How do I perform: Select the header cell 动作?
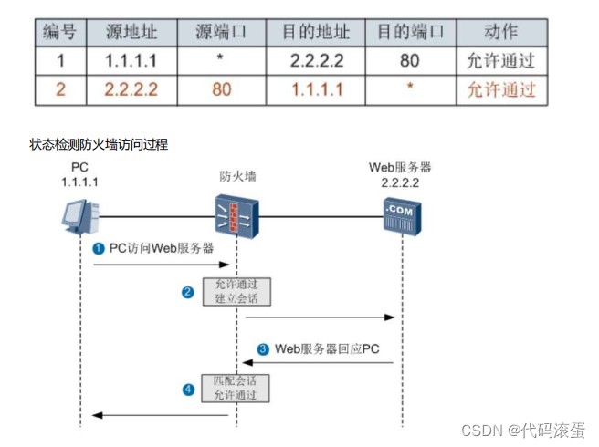click(501, 33)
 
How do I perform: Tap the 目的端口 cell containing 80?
click(410, 61)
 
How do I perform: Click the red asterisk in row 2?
click(410, 89)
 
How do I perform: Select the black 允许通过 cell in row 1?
click(501, 61)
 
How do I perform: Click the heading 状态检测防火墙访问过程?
click(99, 144)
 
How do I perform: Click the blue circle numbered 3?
click(263, 348)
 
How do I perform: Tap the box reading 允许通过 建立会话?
click(236, 292)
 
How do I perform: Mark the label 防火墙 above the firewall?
click(236, 175)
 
